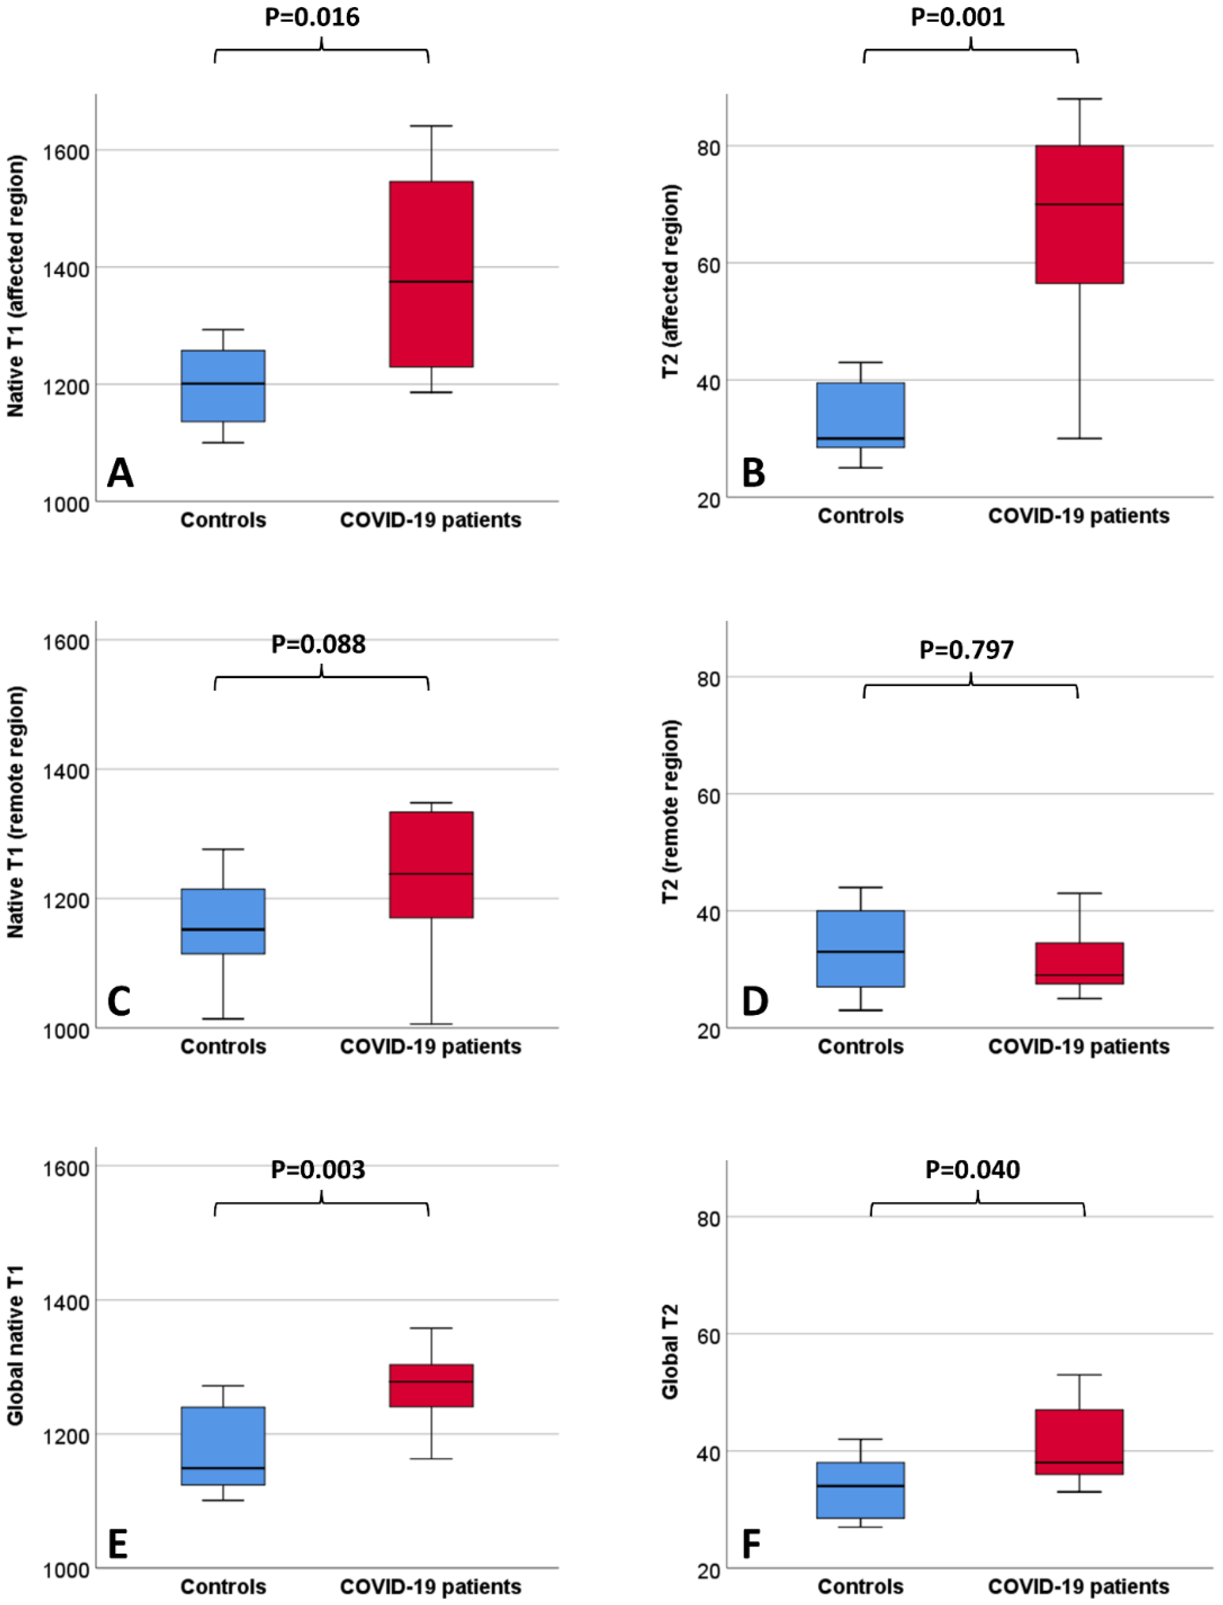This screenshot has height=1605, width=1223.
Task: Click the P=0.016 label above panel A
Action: pos(312,17)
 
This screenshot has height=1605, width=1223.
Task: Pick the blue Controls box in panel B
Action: pos(861,415)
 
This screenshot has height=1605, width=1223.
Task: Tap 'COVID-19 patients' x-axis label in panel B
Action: pos(1079,516)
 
